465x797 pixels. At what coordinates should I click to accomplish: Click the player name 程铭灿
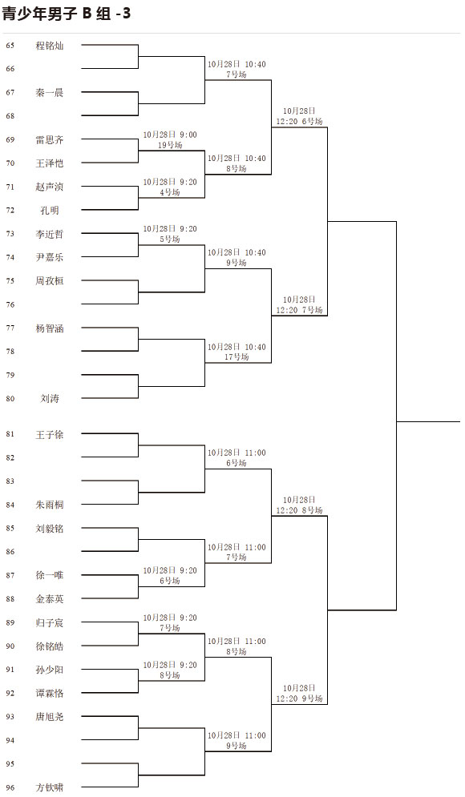click(50, 46)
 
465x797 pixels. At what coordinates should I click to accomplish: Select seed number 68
click(10, 116)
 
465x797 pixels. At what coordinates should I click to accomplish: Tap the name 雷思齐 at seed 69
click(50, 140)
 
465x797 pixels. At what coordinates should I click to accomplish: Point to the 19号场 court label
click(170, 145)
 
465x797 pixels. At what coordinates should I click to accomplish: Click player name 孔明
click(50, 211)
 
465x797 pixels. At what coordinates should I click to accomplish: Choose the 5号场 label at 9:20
click(170, 239)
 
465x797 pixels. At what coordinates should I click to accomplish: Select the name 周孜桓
click(50, 281)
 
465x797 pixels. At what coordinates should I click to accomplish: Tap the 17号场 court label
click(237, 356)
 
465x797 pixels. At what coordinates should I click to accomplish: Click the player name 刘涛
click(50, 399)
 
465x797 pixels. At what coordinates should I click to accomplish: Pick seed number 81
click(10, 434)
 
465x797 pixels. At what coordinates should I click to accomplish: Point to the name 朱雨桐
click(50, 505)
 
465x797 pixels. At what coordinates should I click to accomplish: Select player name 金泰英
click(50, 599)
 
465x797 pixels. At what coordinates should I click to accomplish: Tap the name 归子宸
click(50, 622)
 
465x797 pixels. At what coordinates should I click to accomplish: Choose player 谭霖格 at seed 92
click(50, 694)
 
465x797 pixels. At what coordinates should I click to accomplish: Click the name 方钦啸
click(50, 788)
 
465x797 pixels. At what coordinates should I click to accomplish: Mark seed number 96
click(10, 788)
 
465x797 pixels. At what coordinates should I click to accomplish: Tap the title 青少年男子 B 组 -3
click(66, 14)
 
